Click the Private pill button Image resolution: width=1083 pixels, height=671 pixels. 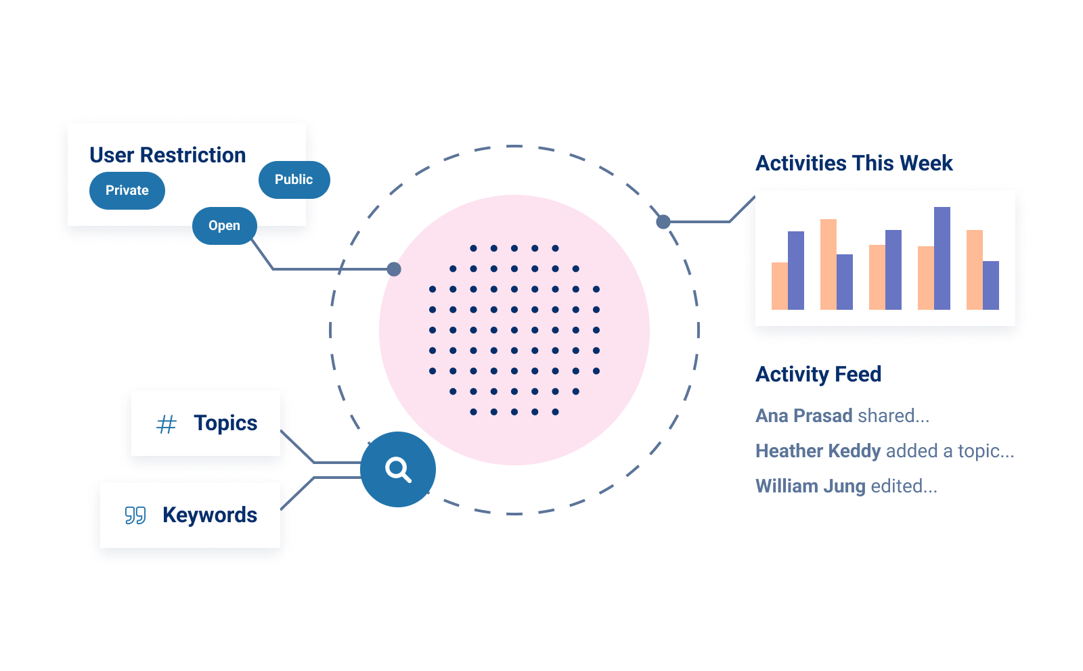coord(127,191)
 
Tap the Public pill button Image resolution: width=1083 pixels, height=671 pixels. coord(294,180)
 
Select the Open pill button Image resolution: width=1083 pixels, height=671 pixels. coord(224,226)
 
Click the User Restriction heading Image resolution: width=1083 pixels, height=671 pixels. coord(167,155)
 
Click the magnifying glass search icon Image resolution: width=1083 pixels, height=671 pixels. coord(398,469)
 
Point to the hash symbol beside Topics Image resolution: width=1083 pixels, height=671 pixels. coord(167,424)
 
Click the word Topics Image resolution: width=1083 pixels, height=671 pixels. coord(225,423)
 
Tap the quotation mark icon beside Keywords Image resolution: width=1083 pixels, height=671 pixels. coord(135,515)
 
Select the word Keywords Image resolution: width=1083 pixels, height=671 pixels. coord(210,515)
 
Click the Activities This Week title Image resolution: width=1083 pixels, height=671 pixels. coord(854,163)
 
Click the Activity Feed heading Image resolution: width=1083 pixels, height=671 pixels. coord(818,374)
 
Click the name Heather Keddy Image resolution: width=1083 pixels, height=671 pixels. coord(818,450)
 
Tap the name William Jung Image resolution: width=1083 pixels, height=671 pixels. coord(810,486)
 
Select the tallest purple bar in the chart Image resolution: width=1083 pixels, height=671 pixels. coord(942,258)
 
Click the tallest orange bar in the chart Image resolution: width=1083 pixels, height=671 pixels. coord(828,264)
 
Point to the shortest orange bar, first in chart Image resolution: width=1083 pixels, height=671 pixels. coord(780,286)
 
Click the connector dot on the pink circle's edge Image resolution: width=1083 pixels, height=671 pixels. coord(394,269)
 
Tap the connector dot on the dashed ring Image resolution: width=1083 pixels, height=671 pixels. coord(663,221)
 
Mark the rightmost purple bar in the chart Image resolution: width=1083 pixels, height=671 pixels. coord(990,285)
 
